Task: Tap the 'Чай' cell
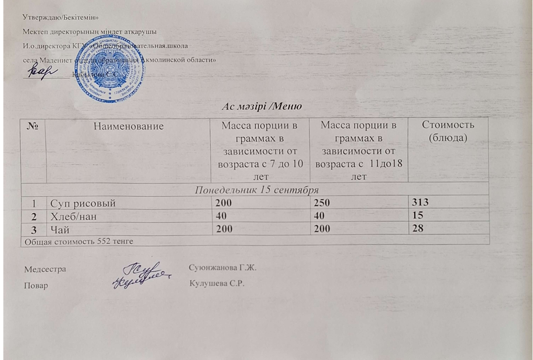pos(58,229)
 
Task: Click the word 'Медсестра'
pos(45,268)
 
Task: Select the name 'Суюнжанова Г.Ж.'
pos(223,267)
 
